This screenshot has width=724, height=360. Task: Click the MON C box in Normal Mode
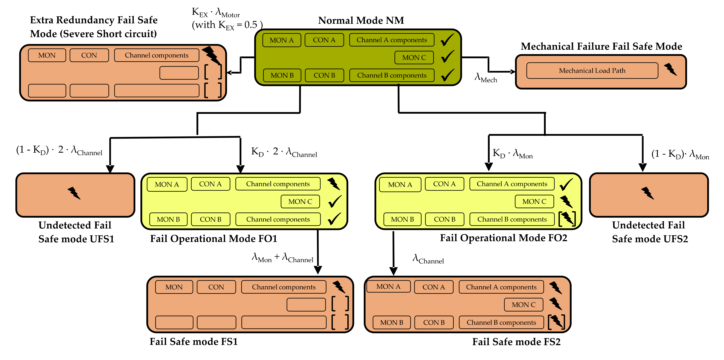(414, 58)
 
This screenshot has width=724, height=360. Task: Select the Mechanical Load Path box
(592, 71)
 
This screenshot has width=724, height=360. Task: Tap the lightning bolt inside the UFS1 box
(74, 193)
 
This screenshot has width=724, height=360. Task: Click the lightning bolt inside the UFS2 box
(648, 193)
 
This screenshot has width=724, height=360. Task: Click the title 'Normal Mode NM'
(361, 21)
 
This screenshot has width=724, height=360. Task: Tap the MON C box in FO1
(300, 201)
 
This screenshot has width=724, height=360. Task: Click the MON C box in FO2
(534, 201)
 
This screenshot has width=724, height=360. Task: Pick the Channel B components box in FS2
(501, 322)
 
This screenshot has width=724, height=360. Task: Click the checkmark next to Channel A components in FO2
(566, 184)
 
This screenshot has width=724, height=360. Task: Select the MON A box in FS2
(388, 286)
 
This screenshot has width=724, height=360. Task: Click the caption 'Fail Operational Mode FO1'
(214, 239)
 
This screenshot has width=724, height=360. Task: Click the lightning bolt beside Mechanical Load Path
(671, 70)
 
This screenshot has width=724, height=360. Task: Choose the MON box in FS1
(174, 287)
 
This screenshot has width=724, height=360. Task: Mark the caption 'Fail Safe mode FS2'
(516, 342)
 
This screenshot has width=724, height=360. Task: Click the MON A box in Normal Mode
(282, 40)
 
